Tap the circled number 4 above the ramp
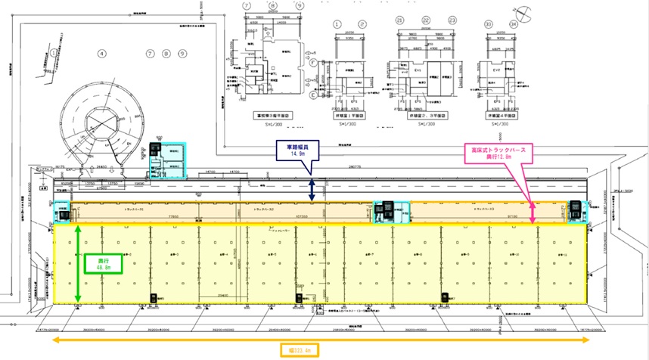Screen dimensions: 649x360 point(100,54)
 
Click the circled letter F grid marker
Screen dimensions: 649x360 point(312,65)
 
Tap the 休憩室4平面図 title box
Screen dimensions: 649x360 point(503,116)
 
